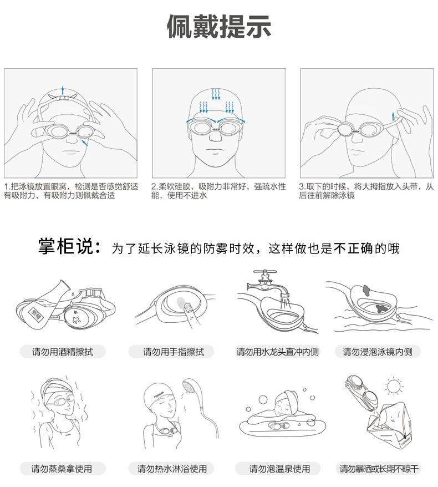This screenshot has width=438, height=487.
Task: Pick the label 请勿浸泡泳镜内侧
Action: tap(378, 352)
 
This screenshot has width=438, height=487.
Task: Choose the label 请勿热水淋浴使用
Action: tap(172, 469)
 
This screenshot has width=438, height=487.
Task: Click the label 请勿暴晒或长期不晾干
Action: tap(379, 469)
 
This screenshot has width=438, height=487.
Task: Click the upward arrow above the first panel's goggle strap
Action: tap(63, 89)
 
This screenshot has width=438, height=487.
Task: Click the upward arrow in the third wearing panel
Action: tap(393, 116)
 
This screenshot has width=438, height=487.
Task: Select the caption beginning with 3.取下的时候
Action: tap(366, 191)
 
